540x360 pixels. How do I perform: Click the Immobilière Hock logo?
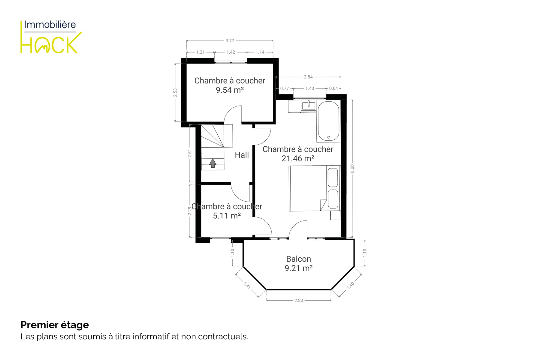51,37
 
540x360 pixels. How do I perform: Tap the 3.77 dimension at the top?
230,41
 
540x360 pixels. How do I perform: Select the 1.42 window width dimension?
231,52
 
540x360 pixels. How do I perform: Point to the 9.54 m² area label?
230,90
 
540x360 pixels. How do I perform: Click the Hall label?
242,155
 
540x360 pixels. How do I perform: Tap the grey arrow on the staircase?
213,163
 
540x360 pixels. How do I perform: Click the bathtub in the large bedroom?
329,121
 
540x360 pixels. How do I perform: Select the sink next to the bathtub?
309,105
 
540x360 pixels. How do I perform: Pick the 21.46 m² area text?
298,158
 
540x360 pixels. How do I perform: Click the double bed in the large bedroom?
315,188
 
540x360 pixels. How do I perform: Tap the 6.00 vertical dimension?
352,169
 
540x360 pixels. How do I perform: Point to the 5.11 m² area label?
227,216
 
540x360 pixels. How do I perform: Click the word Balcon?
298,259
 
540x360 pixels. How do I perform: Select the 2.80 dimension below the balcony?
299,300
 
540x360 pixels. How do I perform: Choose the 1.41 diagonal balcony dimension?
247,286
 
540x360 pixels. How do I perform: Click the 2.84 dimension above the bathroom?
308,77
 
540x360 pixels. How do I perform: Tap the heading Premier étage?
55,325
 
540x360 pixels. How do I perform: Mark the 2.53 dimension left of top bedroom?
175,93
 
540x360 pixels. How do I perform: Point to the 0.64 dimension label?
333,88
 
